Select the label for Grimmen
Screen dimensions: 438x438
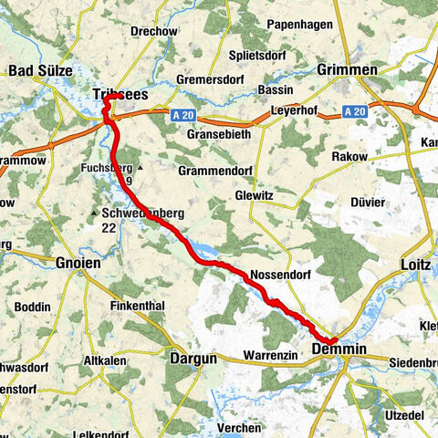click(x=346, y=70)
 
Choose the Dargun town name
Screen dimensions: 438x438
click(x=193, y=359)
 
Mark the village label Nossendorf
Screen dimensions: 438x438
click(x=275, y=275)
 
